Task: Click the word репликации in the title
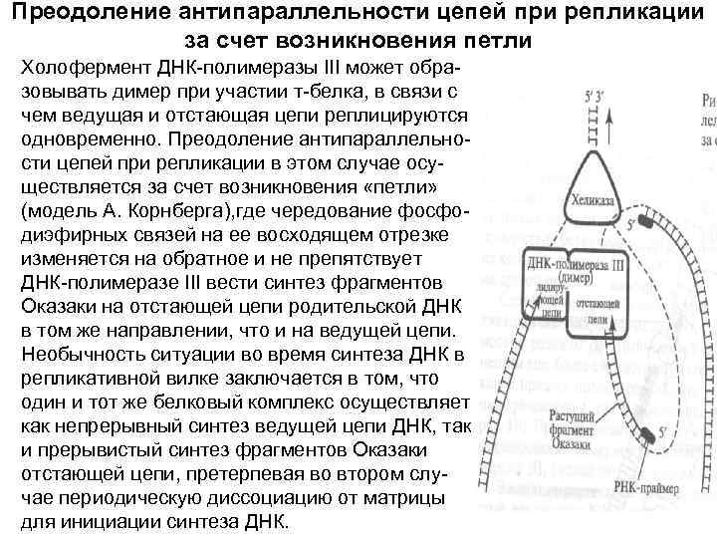(x=631, y=15)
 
